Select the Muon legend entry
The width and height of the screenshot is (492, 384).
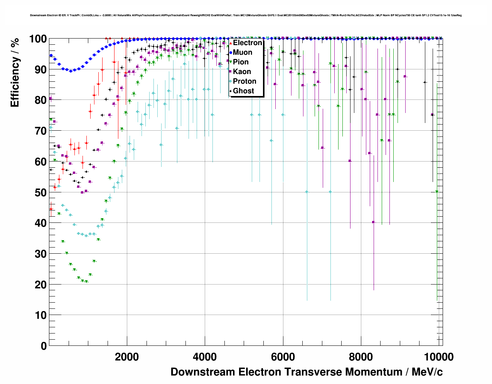pyautogui.click(x=243, y=52)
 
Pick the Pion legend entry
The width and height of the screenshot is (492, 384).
pyautogui.click(x=241, y=62)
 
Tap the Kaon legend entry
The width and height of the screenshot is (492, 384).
pyautogui.click(x=242, y=72)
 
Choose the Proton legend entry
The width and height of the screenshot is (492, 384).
pyautogui.click(x=244, y=81)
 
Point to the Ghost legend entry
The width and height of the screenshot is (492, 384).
pyautogui.click(x=243, y=91)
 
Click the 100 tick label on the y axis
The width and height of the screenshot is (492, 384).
pyautogui.click(x=38, y=39)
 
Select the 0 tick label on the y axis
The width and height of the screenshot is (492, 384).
pyautogui.click(x=44, y=346)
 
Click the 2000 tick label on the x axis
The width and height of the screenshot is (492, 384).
pyautogui.click(x=127, y=357)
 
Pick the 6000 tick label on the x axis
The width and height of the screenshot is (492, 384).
pyautogui.click(x=283, y=357)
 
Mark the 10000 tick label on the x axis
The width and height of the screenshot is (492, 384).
pyautogui.click(x=439, y=357)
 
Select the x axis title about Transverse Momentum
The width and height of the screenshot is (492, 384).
pyautogui.click(x=307, y=372)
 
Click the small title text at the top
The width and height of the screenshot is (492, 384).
pyautogui.click(x=246, y=15)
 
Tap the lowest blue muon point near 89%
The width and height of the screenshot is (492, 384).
pyautogui.click(x=71, y=71)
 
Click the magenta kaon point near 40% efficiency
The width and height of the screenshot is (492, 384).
pyautogui.click(x=373, y=222)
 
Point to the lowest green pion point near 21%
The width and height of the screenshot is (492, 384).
pyautogui.click(x=86, y=282)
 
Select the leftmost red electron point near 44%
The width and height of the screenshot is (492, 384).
pyautogui.click(x=51, y=209)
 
